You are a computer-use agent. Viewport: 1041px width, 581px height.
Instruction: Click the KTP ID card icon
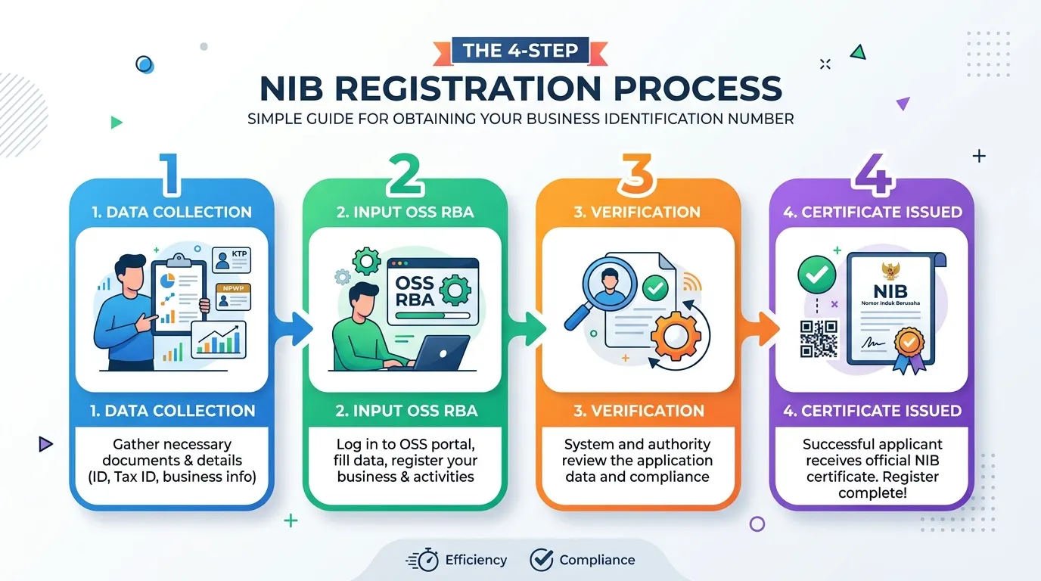(x=232, y=259)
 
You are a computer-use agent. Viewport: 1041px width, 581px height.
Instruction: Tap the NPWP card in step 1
(x=233, y=297)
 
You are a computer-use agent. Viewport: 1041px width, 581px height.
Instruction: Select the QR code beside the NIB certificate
(x=819, y=339)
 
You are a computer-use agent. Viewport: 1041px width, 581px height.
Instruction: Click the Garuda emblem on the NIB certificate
(x=890, y=272)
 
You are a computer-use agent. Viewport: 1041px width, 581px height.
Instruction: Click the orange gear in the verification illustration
(x=676, y=336)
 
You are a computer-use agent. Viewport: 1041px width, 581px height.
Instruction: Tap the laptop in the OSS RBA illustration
(x=439, y=353)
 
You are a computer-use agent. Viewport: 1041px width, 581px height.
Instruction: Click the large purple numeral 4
(x=874, y=174)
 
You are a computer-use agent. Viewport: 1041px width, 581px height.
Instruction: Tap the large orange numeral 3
(x=637, y=174)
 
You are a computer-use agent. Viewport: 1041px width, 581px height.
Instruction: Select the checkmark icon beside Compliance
(x=542, y=559)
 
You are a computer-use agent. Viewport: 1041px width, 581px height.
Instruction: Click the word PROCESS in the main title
(x=698, y=89)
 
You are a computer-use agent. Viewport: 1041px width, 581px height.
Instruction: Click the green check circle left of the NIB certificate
(x=816, y=274)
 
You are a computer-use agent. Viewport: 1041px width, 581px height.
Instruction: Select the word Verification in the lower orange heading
(x=648, y=411)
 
